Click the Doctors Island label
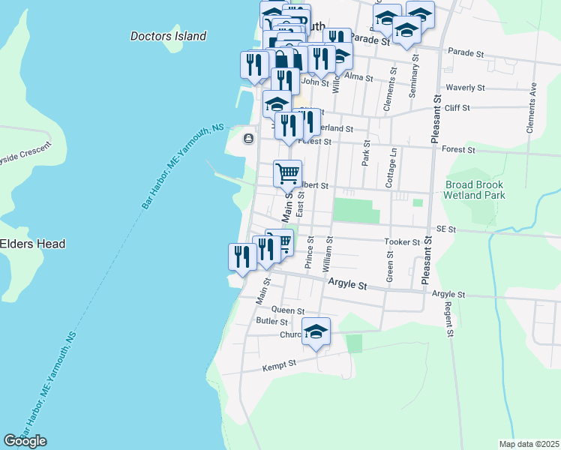[168, 36]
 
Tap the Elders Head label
[32, 244]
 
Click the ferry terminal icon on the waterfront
[248, 138]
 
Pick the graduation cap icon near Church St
[316, 331]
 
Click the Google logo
[25, 441]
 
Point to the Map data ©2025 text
[529, 444]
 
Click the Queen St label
[289, 310]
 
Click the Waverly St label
[465, 88]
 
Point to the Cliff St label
[456, 108]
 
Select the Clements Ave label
[532, 108]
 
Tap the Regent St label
[450, 321]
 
